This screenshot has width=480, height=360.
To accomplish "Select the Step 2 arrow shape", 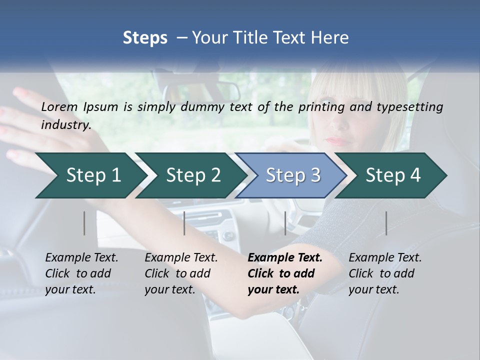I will [192, 175].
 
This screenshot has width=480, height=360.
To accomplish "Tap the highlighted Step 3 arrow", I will [292, 175].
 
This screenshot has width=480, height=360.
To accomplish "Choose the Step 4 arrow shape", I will [393, 175].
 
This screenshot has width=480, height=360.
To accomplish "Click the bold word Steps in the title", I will [145, 37].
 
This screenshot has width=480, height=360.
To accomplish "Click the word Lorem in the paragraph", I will [59, 107].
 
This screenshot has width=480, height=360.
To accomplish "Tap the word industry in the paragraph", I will [65, 125].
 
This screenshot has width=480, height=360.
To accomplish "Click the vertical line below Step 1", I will [84, 223].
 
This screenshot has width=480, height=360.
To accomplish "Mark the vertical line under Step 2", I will [184, 223].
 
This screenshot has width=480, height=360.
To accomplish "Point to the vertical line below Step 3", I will [285, 223].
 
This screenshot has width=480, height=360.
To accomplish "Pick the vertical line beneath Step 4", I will [386, 223].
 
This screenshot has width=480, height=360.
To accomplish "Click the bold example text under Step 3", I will [284, 273].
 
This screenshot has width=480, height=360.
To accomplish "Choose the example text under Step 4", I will [384, 273].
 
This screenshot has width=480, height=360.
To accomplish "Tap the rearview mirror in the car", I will [202, 90].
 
